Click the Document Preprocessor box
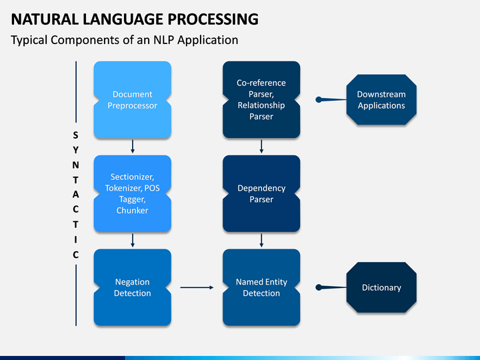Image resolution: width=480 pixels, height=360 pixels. (x=132, y=100)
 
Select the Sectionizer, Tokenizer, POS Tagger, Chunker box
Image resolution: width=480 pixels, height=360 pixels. (x=132, y=193)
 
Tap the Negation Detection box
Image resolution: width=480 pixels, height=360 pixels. (x=132, y=287)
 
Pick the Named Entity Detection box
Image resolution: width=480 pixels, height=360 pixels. (x=261, y=287)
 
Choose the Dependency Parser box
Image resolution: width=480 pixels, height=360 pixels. (x=261, y=193)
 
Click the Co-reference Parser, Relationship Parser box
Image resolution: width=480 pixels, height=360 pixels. (x=261, y=100)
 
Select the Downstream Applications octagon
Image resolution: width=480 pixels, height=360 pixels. (x=381, y=100)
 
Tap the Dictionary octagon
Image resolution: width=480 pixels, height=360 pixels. (x=381, y=287)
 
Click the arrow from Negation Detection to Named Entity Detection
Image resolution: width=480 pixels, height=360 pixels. (x=197, y=287)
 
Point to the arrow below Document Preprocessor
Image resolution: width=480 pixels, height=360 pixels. (x=133, y=147)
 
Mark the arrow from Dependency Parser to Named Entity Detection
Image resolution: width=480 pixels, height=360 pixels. (x=261, y=241)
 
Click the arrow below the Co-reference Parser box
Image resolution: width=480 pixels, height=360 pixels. (x=261, y=147)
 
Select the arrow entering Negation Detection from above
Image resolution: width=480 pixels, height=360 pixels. (x=133, y=241)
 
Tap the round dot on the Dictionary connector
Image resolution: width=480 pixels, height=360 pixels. (x=319, y=287)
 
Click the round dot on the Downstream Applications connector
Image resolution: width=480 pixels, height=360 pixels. (x=319, y=99)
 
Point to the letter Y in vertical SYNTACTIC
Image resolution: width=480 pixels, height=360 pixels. (x=75, y=150)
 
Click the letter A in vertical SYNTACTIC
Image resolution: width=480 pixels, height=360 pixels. (x=75, y=195)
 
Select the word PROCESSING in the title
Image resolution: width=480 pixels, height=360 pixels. (x=213, y=19)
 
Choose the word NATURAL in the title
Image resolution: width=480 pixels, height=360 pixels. (x=45, y=19)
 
